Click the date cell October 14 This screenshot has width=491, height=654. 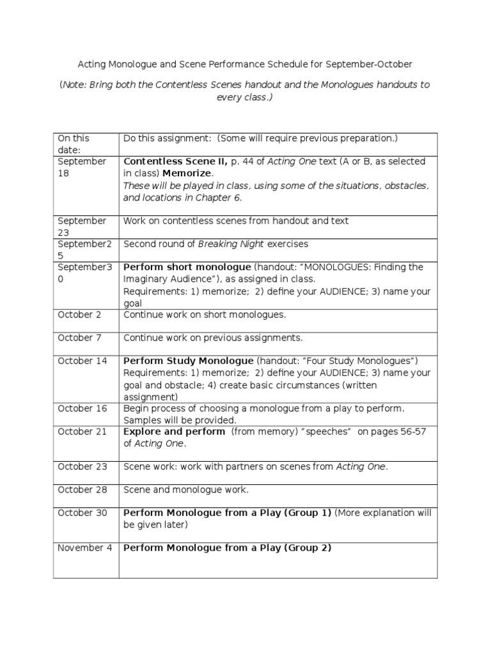[82, 361]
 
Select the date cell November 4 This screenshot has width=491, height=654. [84, 548]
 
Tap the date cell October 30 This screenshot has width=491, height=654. [82, 513]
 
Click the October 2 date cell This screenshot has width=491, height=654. [79, 314]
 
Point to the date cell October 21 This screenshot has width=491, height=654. [82, 432]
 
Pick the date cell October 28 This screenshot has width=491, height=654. [82, 490]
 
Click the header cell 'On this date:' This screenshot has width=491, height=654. [74, 144]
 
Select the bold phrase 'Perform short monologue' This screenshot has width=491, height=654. [187, 267]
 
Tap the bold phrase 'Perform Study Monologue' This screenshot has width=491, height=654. [188, 361]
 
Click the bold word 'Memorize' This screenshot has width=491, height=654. [187, 173]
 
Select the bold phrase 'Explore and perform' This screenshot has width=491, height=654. [174, 432]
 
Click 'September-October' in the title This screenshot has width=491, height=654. [369, 65]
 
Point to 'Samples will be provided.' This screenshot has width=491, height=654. [180, 420]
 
